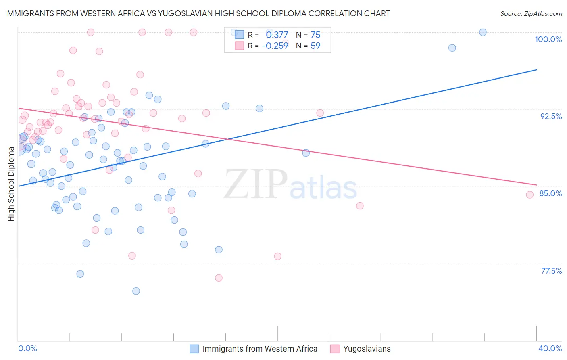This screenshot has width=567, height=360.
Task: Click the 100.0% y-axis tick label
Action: point(548,39)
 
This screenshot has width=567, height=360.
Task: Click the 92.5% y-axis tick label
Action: point(551,116)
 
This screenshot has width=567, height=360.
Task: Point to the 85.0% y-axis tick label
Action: point(550,193)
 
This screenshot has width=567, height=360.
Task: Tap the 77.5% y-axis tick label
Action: point(551,271)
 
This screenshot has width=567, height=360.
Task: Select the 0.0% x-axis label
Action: point(27,348)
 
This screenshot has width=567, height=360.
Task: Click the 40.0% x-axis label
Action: point(550,348)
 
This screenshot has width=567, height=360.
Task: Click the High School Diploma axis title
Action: point(11,184)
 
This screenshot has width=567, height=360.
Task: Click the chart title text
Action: point(198,13)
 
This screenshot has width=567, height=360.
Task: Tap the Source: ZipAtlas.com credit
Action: point(531,14)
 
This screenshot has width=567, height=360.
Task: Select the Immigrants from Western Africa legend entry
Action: point(260,349)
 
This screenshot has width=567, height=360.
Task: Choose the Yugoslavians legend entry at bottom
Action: point(367,349)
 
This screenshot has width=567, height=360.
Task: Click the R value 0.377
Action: point(277,35)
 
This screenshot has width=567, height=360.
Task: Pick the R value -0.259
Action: point(275,46)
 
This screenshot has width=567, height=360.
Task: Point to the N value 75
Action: point(315,35)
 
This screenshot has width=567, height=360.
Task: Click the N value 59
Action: point(315,46)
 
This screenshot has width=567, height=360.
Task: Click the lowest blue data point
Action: point(136,291)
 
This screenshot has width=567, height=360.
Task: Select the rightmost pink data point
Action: point(530,195)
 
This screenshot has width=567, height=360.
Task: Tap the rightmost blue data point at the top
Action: point(483,32)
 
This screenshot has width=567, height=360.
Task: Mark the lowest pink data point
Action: point(219,278)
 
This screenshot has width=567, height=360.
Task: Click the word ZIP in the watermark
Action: point(256,184)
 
